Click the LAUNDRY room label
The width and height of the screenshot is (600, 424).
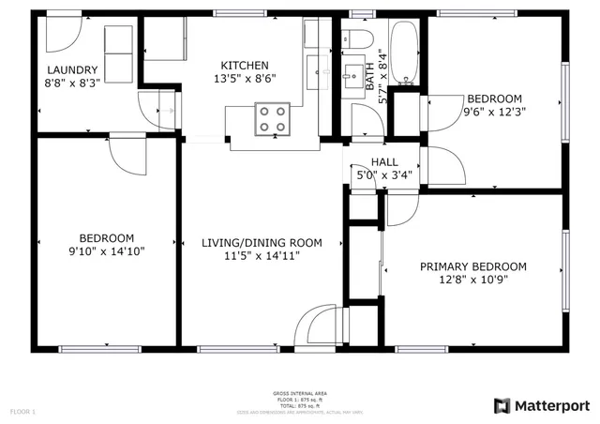pyautogui.click(x=73, y=69)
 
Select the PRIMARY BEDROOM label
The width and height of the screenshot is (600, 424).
pyautogui.click(x=472, y=266)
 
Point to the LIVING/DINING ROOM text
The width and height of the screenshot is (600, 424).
pyautogui.click(x=262, y=243)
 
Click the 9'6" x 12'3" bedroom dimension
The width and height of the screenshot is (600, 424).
pyautogui.click(x=494, y=112)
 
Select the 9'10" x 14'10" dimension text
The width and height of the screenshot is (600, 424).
pyautogui.click(x=106, y=250)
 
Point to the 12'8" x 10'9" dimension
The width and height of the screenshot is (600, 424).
pyautogui.click(x=472, y=280)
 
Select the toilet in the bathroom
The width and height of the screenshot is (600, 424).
pyautogui.click(x=351, y=39)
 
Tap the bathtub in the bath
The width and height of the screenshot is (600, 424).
pyautogui.click(x=405, y=52)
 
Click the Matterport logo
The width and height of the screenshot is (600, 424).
pyautogui.click(x=541, y=405)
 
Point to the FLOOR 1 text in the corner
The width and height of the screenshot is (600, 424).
pyautogui.click(x=22, y=411)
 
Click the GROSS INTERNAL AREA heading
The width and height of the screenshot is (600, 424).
pyautogui.click(x=300, y=393)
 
